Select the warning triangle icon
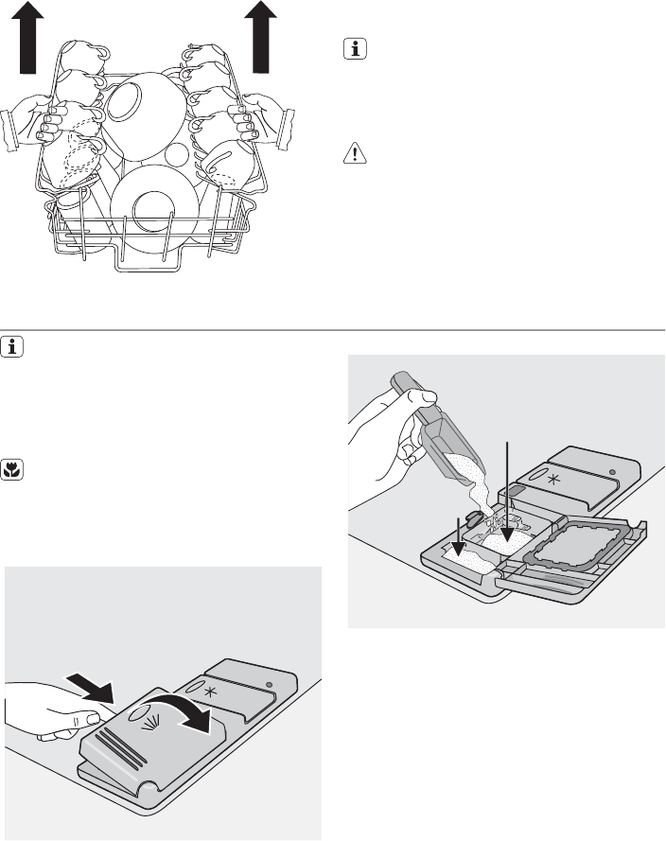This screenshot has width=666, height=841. (x=351, y=154)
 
